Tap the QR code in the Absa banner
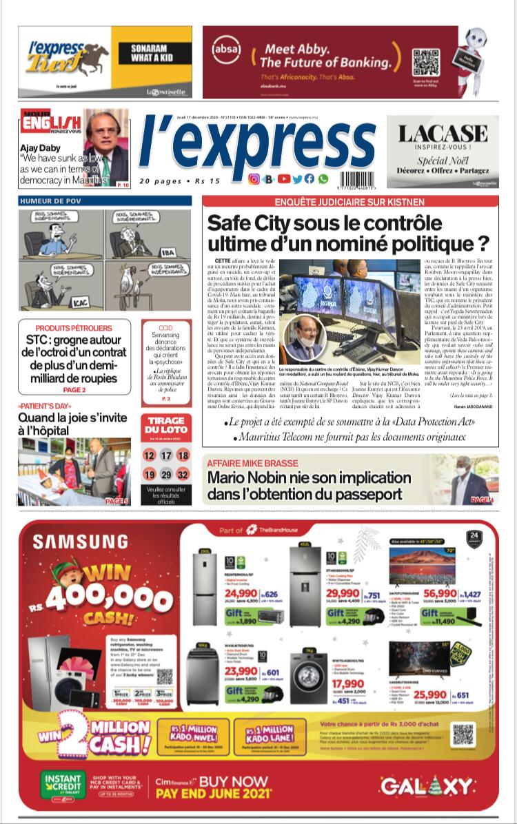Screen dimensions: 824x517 pos(425,62)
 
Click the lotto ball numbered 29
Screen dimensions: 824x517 pos(165,475)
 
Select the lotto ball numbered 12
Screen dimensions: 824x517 pos(149,455)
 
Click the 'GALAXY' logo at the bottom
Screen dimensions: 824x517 pos(427,786)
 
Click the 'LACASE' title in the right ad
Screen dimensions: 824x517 pos(443,134)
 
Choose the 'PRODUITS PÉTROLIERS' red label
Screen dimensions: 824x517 pos(74,328)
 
